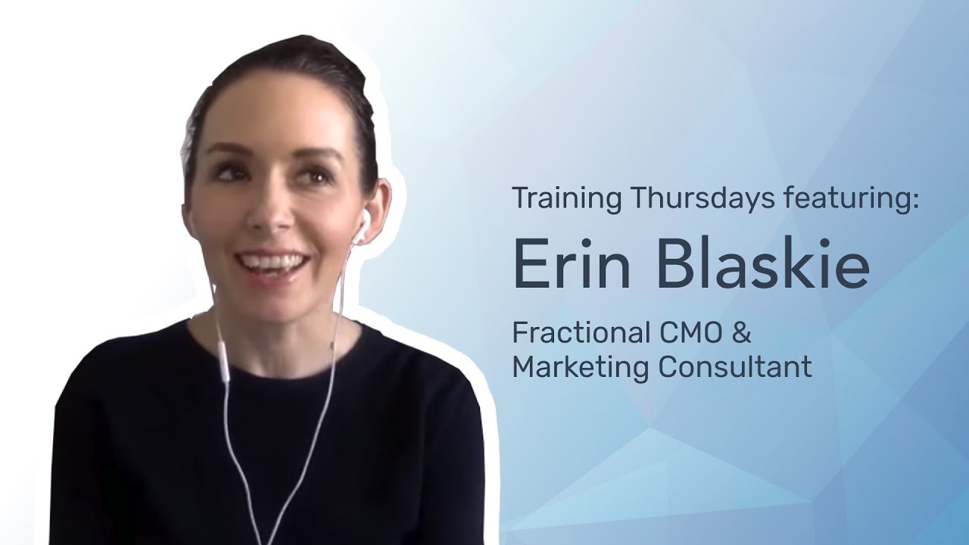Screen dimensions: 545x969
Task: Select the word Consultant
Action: tap(734, 367)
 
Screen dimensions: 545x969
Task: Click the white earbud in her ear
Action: tap(365, 222)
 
